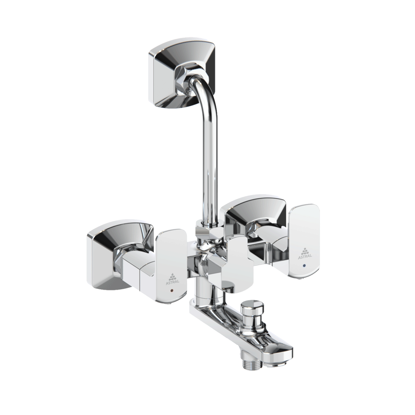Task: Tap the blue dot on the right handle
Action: [305, 264]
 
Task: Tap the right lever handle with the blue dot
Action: [304, 241]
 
